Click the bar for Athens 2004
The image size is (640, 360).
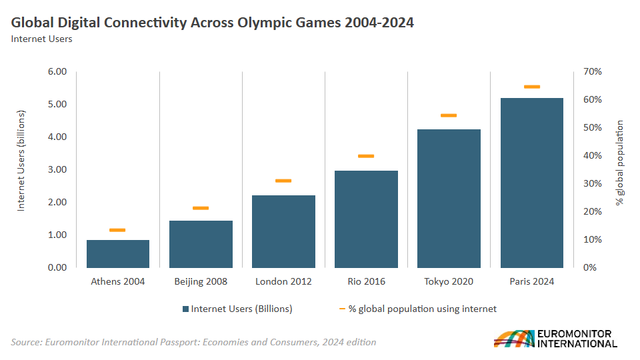pos(118,253)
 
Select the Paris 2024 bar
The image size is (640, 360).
pos(531,183)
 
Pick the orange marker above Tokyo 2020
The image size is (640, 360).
pos(449,115)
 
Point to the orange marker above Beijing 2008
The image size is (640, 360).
pos(201,208)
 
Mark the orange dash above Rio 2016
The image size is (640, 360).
pos(366,156)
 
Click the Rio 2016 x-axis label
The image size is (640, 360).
pos(366,281)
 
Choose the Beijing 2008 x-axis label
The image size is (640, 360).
pos(201,281)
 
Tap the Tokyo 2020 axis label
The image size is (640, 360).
pos(449,281)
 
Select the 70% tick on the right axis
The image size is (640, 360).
pos(593,71)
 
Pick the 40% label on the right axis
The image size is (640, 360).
pos(593,155)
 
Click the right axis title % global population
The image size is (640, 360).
pos(619,163)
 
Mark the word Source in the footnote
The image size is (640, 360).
pos(25,342)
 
